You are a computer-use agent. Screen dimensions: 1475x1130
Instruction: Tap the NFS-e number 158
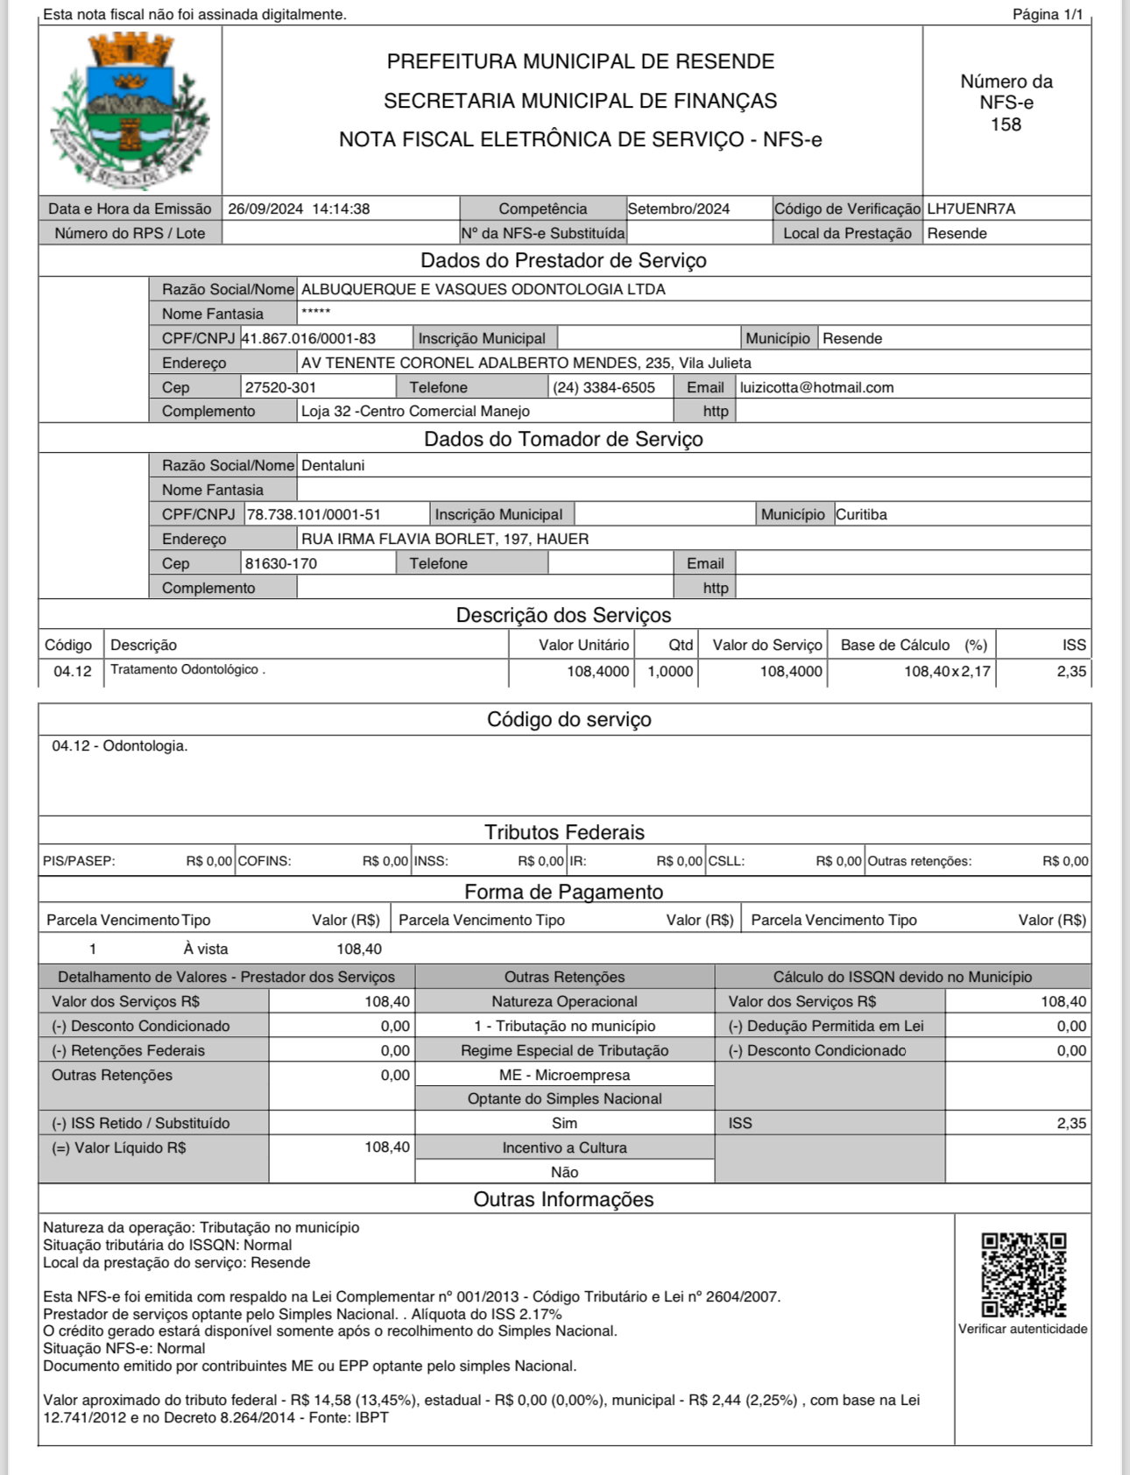1006,125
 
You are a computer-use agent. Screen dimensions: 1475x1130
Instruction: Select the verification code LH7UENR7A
971,209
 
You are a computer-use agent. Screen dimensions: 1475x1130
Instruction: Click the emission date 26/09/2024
265,209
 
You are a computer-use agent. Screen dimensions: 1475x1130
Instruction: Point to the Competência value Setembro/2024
679,209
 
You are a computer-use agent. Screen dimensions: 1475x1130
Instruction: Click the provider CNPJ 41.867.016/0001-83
308,339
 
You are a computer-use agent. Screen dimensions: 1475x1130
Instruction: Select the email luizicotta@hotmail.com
816,388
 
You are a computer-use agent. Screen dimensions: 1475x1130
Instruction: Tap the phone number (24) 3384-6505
604,388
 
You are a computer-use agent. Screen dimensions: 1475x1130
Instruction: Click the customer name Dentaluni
333,466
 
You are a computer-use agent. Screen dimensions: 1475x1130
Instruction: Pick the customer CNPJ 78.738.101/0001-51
314,515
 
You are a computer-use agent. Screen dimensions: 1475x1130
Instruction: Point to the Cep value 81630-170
280,564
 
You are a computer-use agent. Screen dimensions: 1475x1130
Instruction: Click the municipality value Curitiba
861,515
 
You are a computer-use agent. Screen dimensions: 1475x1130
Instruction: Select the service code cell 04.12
72,672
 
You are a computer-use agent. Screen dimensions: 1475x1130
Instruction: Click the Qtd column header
681,646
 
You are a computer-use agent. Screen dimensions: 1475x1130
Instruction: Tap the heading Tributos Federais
564,832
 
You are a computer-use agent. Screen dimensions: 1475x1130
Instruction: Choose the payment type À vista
206,949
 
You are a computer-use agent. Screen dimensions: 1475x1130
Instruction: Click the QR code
1023,1274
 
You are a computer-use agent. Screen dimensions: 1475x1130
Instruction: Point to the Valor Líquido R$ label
119,1148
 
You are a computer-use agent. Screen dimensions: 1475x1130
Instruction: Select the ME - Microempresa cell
564,1076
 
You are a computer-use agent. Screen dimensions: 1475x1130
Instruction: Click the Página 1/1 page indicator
1048,15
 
